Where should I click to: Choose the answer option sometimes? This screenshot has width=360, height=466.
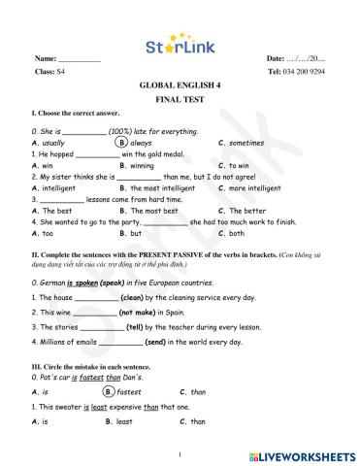242,142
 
